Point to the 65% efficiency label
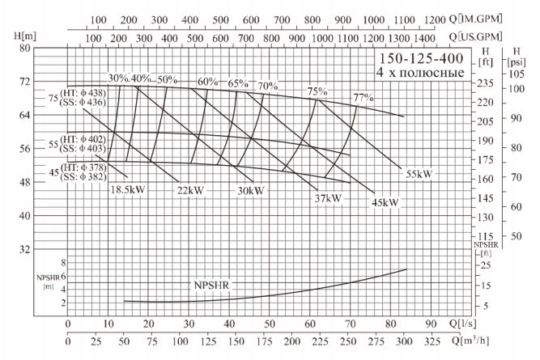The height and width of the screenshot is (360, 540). pos(237,83)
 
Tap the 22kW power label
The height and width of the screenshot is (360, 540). pos(190,191)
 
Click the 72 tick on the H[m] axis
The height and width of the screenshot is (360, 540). pos(49,82)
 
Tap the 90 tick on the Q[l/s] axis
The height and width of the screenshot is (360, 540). pos(432,324)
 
